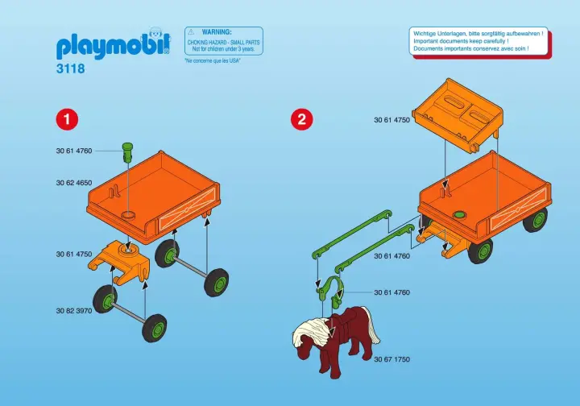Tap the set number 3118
[x=71, y=69]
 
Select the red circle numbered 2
[x=301, y=119]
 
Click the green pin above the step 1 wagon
[x=126, y=151]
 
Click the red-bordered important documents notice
[x=478, y=41]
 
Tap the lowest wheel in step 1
[x=155, y=329]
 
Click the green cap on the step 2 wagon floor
[x=460, y=215]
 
